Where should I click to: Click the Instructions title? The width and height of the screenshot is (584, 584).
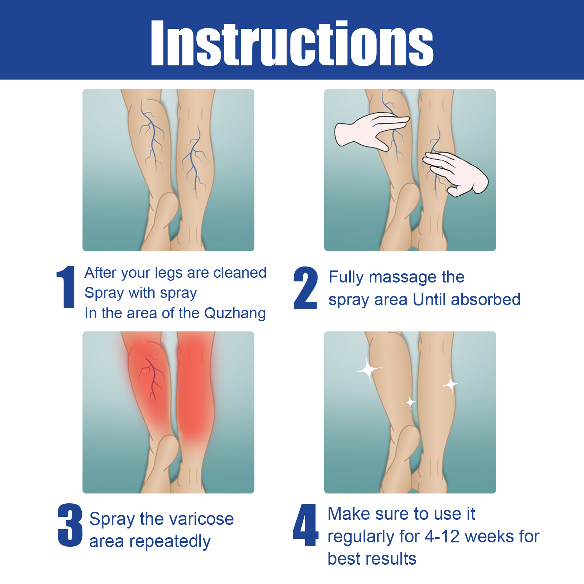pos(292,43)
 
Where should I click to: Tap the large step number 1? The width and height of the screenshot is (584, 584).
pos(66,287)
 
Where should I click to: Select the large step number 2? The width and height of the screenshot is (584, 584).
pos(305,288)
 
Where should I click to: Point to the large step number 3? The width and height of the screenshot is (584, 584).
pos(70,525)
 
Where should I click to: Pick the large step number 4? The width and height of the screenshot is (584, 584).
pos(306,525)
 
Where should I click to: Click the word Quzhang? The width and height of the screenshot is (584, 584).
pos(235,314)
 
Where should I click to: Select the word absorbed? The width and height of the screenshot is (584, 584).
pos(486,300)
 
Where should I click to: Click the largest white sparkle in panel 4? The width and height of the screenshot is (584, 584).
pos(368,369)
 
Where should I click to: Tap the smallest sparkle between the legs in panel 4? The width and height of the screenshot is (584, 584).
pos(410,403)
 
